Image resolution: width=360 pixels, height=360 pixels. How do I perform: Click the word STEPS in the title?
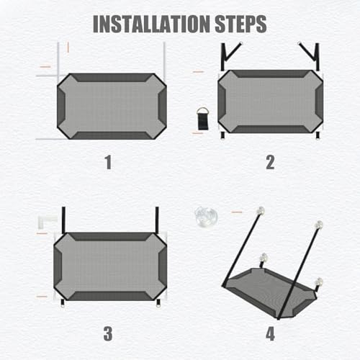pyautogui.click(x=240, y=24)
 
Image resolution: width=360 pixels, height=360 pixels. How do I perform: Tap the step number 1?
pyautogui.click(x=109, y=163)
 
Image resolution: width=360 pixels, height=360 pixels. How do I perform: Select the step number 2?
pyautogui.click(x=270, y=163)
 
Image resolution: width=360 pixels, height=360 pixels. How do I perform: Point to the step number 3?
pyautogui.click(x=108, y=333)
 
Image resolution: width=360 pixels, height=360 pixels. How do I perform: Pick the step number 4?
pyautogui.click(x=270, y=333)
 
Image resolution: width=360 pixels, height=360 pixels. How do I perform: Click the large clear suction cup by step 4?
pyautogui.click(x=206, y=217)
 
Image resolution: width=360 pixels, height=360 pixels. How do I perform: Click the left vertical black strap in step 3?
pyautogui.click(x=63, y=220)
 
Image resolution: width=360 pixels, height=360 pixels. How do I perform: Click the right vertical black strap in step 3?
pyautogui.click(x=157, y=220)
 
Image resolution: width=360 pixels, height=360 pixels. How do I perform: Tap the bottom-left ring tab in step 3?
pyautogui.click(x=63, y=303)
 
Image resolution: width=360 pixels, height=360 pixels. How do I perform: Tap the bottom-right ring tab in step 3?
pyautogui.click(x=158, y=303)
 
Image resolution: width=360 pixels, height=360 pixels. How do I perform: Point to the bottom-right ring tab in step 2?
pyautogui.click(x=318, y=135)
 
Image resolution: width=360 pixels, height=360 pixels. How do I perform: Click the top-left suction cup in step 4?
pyautogui.click(x=261, y=210)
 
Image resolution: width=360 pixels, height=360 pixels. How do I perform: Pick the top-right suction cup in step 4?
pyautogui.click(x=319, y=225)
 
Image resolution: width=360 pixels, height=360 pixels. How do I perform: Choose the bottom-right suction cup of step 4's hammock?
pyautogui.click(x=320, y=282)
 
